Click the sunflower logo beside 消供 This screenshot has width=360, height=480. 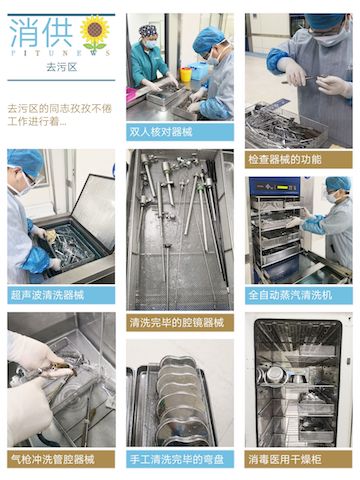(95, 33)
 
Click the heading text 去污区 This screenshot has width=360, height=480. (62, 67)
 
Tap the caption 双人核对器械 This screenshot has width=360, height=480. (161, 132)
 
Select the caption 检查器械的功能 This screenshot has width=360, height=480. (284, 160)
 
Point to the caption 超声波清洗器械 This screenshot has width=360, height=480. (47, 295)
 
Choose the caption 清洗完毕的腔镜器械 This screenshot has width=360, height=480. (177, 323)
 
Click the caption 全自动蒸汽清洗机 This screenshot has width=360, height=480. (290, 295)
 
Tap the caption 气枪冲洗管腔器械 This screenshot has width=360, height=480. (52, 460)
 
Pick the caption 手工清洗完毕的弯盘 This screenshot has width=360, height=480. (177, 460)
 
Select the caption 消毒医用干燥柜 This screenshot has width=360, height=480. (285, 460)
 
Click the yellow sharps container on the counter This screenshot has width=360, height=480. (186, 74)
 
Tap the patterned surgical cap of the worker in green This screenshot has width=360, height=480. (148, 31)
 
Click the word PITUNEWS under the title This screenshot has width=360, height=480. (59, 53)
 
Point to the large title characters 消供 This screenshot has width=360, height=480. (41, 33)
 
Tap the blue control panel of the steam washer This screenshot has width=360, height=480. (274, 187)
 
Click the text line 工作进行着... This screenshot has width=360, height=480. (37, 121)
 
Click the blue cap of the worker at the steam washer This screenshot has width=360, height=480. (338, 184)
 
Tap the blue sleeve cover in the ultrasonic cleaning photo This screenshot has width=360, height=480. (36, 260)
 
